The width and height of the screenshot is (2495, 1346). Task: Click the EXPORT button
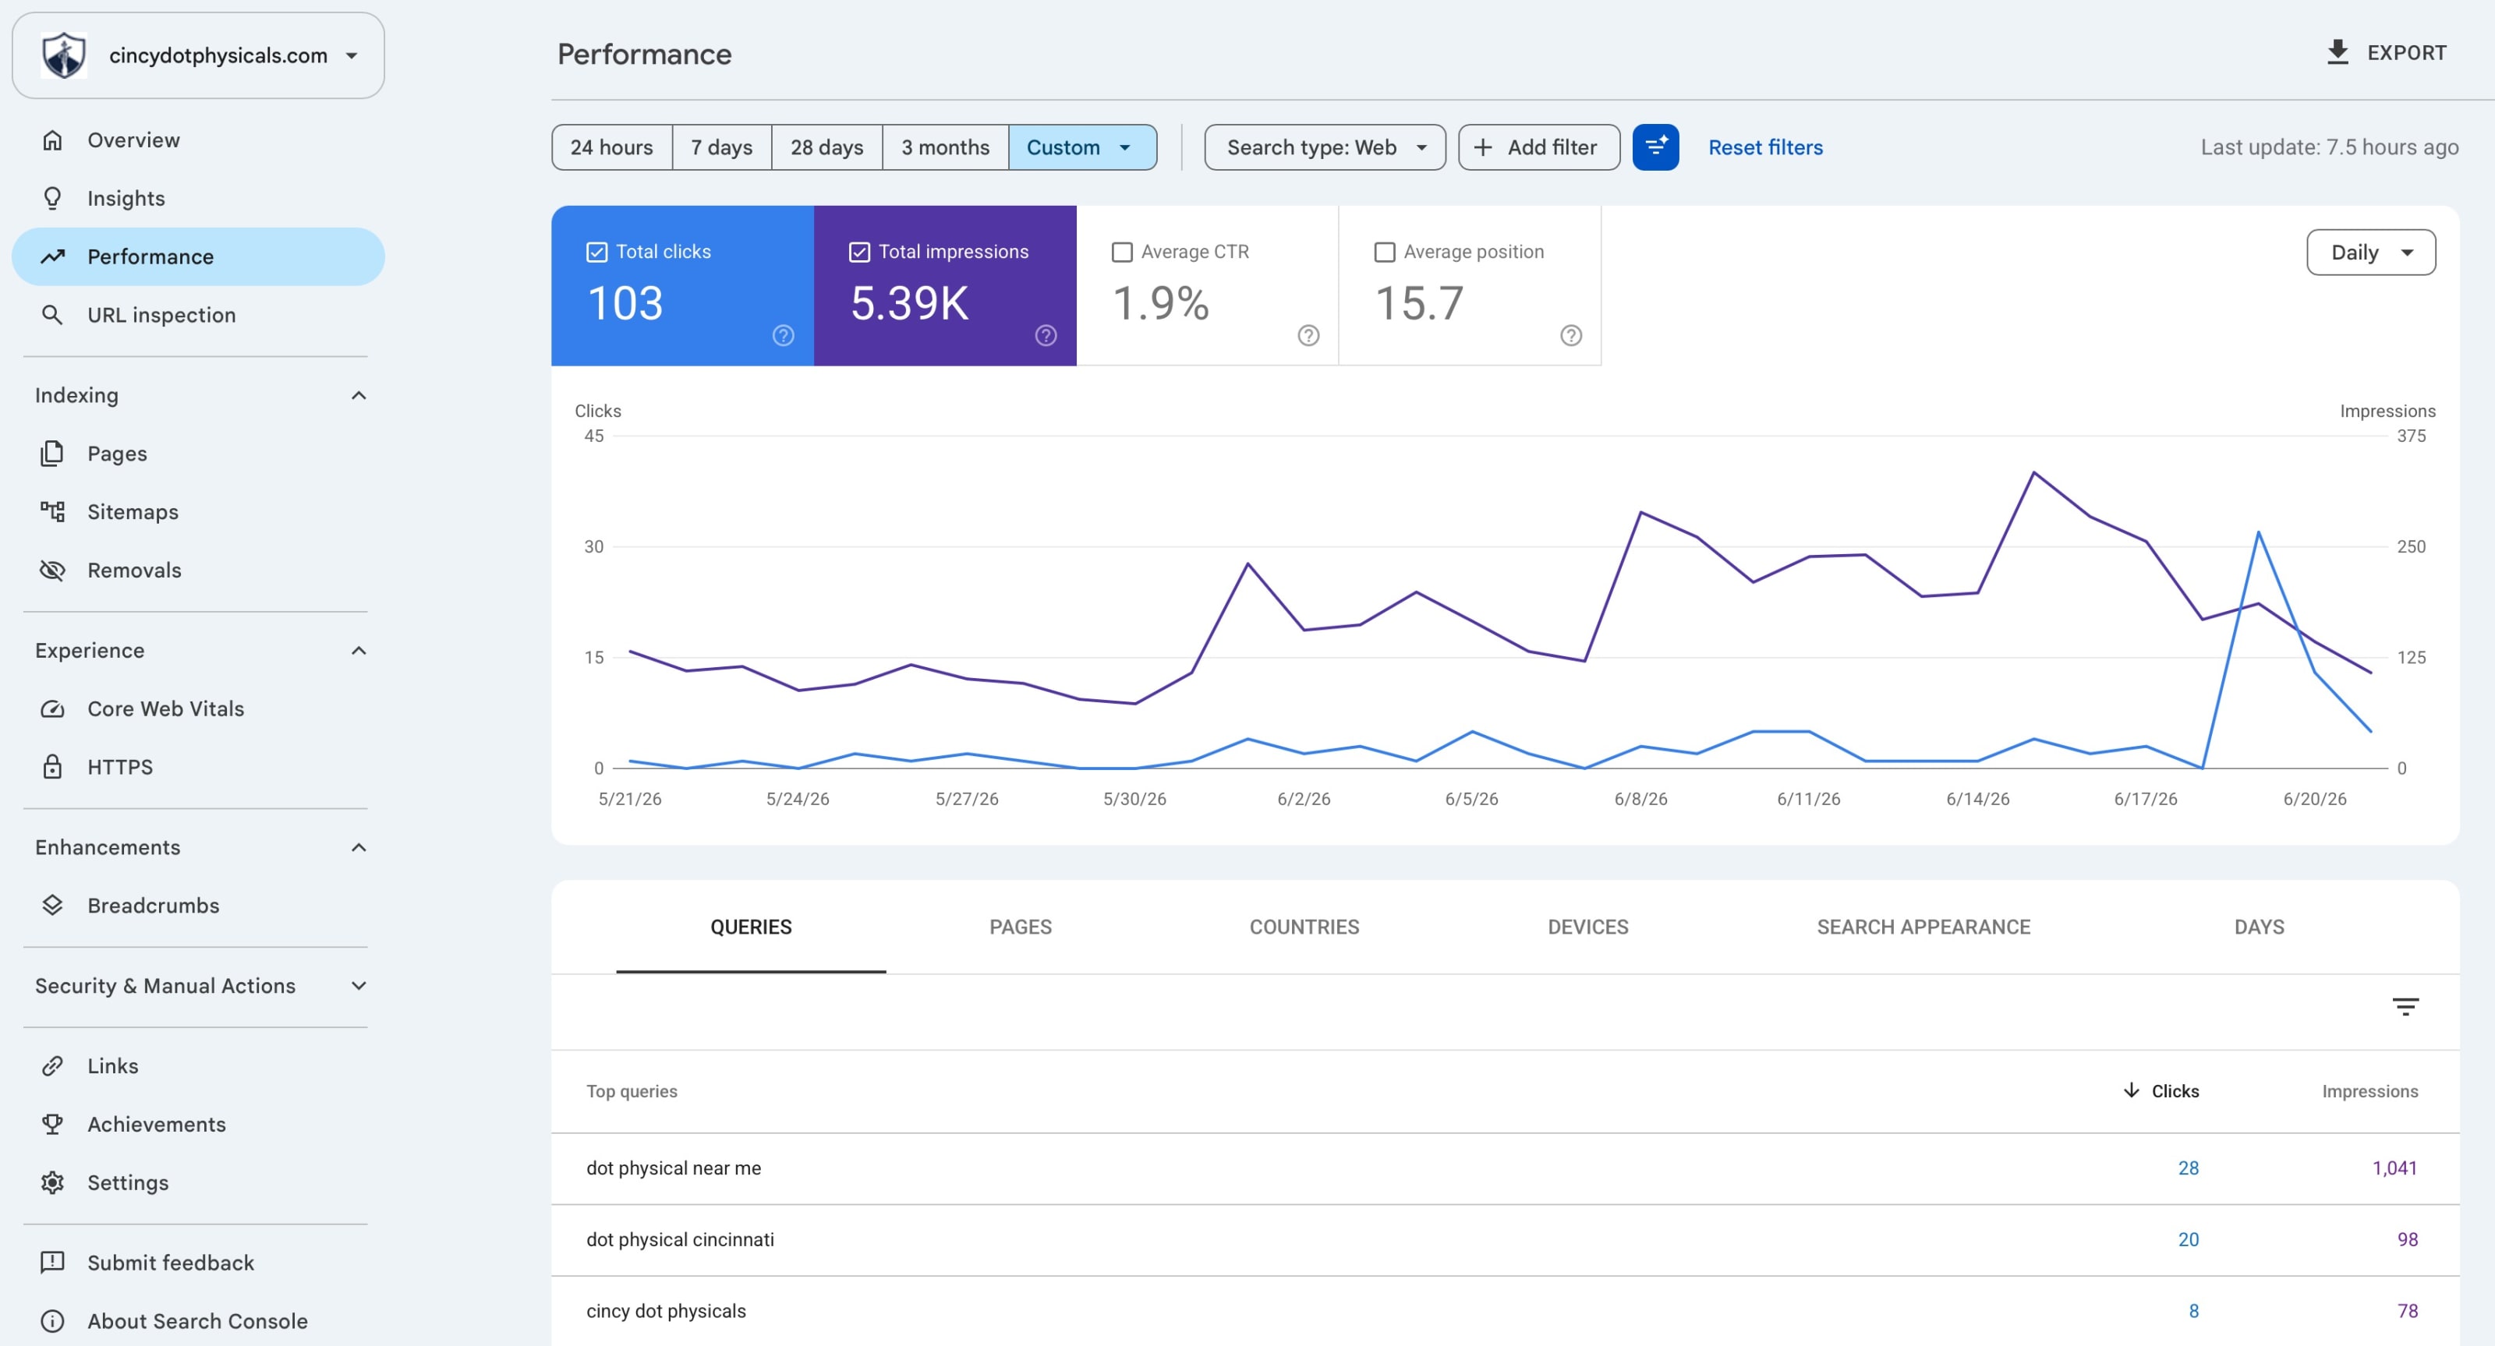tap(2386, 52)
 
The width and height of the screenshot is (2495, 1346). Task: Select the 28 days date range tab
tap(826, 147)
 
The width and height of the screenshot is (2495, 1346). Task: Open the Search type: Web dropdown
tap(1324, 147)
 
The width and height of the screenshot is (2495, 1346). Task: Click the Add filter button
tap(1538, 147)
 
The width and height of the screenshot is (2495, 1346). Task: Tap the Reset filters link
tap(1764, 147)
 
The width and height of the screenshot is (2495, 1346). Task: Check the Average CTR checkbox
tap(1122, 252)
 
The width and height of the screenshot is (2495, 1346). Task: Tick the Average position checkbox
tap(1384, 252)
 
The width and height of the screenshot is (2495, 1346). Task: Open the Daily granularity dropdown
tap(2370, 252)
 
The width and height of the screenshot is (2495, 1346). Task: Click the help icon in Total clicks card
tap(783, 335)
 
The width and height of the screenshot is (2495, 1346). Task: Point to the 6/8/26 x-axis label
tap(1640, 799)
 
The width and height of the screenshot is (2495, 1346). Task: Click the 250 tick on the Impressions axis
tap(2411, 547)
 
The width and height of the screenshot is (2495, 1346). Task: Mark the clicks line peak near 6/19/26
tap(2258, 532)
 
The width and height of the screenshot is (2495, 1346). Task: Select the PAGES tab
tap(1020, 927)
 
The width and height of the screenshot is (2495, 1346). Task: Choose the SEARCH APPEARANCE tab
tap(1923, 927)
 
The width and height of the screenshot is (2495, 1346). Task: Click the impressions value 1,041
tap(2394, 1168)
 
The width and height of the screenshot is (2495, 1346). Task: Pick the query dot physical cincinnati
tap(679, 1239)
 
